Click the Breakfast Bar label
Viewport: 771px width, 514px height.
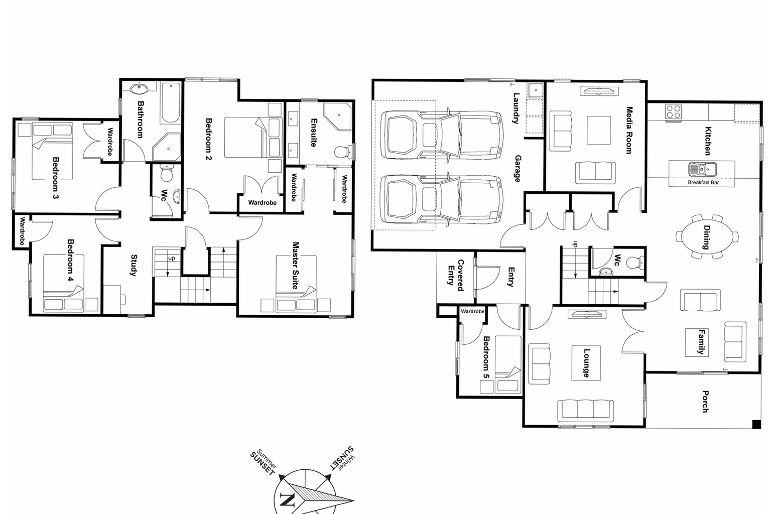click(703, 183)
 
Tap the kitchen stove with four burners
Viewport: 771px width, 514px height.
click(673, 111)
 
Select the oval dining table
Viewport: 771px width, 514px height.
click(707, 237)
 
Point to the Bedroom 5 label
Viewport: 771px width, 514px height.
click(485, 357)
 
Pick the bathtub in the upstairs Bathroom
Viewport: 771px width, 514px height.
click(171, 102)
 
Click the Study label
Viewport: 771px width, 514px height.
click(134, 266)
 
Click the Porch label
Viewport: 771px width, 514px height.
click(705, 402)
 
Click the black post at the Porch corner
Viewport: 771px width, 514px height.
click(756, 424)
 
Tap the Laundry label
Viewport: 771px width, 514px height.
click(516, 108)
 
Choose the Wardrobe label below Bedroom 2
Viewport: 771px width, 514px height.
click(262, 203)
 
